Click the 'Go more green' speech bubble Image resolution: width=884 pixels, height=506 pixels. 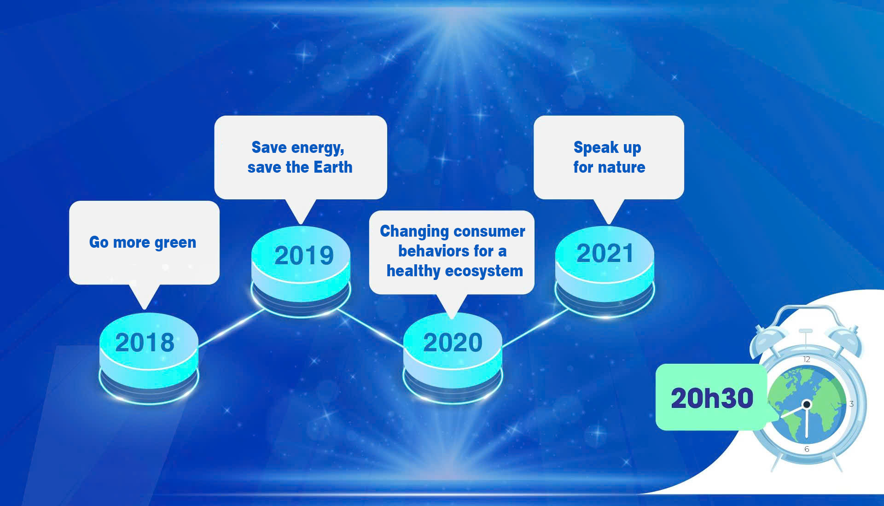(x=144, y=243)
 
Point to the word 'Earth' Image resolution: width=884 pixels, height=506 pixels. (x=333, y=167)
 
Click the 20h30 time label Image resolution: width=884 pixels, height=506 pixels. (x=712, y=398)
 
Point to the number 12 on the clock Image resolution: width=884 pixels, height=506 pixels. (x=807, y=359)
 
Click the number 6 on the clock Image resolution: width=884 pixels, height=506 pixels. (x=807, y=449)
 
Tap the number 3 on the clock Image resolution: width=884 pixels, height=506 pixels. (x=851, y=404)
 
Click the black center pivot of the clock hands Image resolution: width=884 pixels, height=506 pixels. (x=807, y=405)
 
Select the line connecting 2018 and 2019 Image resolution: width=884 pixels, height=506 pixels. (x=232, y=327)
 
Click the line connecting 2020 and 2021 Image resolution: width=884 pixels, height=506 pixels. (x=535, y=327)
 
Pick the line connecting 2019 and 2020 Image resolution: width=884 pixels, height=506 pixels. (x=371, y=327)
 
